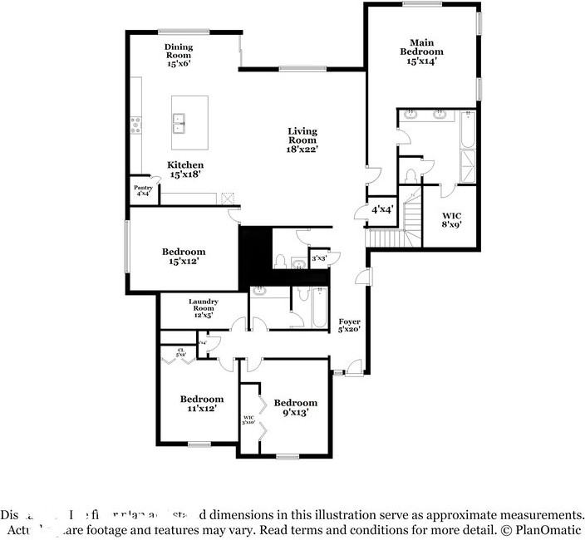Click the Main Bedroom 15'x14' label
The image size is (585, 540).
coord(420,51)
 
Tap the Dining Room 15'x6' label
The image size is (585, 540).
coord(178,56)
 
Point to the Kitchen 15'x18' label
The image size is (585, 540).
coord(186,170)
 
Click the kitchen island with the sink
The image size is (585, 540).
coord(189,115)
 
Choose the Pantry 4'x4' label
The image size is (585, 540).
coord(143,190)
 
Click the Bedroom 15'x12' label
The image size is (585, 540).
coord(184,256)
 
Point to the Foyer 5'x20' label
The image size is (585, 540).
coord(349,325)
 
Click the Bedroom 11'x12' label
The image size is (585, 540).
coord(202,404)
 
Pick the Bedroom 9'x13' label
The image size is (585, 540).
coord(296,408)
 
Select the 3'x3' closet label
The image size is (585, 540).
coord(319,258)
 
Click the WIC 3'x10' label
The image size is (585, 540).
coord(248,420)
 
